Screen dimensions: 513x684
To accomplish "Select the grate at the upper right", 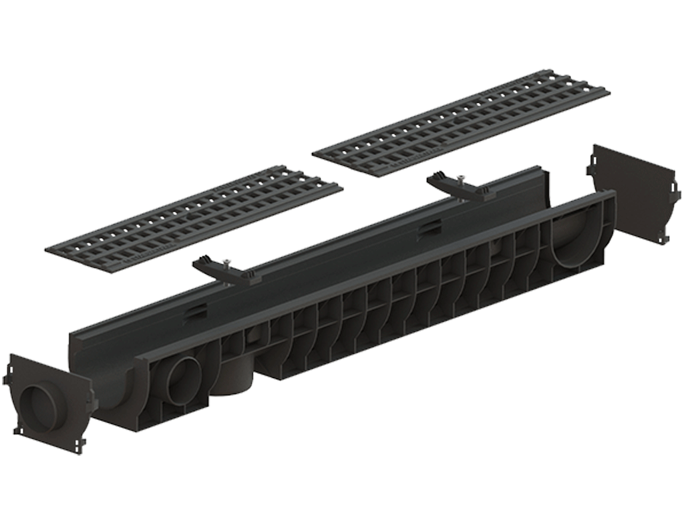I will (461, 122).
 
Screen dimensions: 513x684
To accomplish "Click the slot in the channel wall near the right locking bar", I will (427, 230).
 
